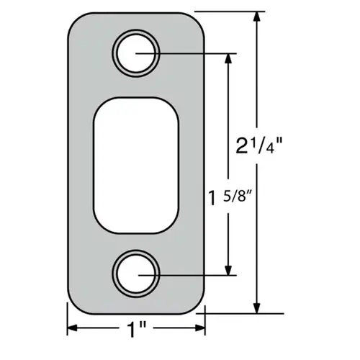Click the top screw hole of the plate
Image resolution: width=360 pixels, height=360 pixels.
pyautogui.click(x=135, y=55)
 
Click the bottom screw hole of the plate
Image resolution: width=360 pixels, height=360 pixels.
pyautogui.click(x=135, y=274)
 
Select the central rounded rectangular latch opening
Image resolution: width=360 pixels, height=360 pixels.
pyautogui.click(x=135, y=164)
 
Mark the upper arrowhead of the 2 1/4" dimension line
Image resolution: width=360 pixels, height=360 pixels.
pyautogui.click(x=255, y=19)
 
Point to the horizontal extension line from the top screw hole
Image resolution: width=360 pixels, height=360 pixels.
pyautogui.click(x=187, y=55)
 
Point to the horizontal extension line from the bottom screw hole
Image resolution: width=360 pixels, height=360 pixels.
pyautogui.click(x=187, y=274)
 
